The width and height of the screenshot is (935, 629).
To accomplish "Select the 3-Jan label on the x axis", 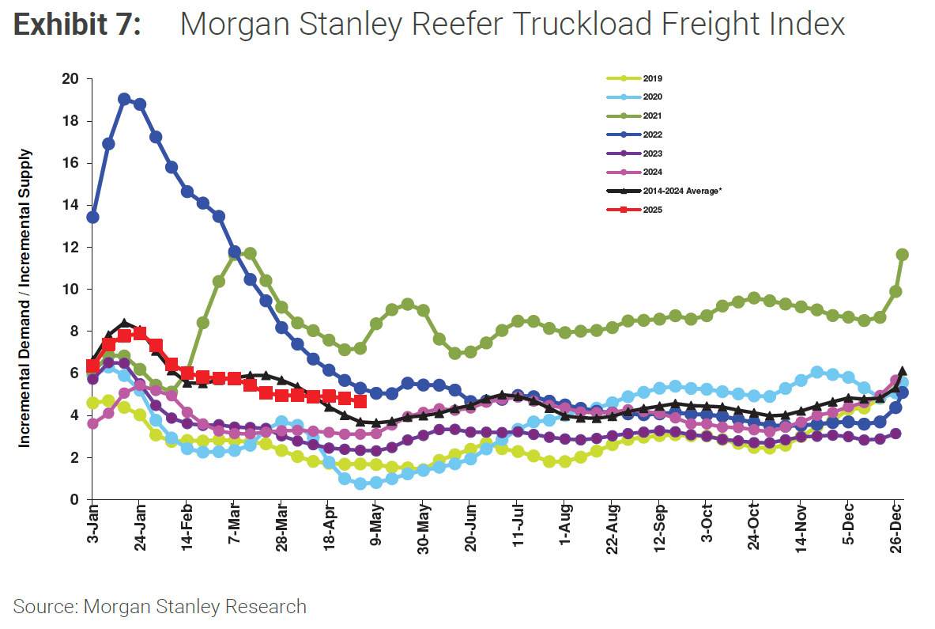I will pos(92,529).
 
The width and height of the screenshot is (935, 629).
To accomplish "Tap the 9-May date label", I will pos(376,529).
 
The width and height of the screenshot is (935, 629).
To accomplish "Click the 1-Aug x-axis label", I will pos(565,529).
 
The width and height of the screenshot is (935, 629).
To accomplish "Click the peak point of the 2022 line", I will pos(124,99).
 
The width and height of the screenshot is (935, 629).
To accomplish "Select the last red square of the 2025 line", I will pos(360,402).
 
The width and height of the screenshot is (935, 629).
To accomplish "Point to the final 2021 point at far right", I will pos(903,255).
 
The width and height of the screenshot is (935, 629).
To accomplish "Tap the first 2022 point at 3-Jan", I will pos(92,217).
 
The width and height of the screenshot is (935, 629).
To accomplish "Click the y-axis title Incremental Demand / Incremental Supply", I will pos(25,298).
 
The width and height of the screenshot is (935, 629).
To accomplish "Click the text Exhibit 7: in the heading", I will pos(77,25).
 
